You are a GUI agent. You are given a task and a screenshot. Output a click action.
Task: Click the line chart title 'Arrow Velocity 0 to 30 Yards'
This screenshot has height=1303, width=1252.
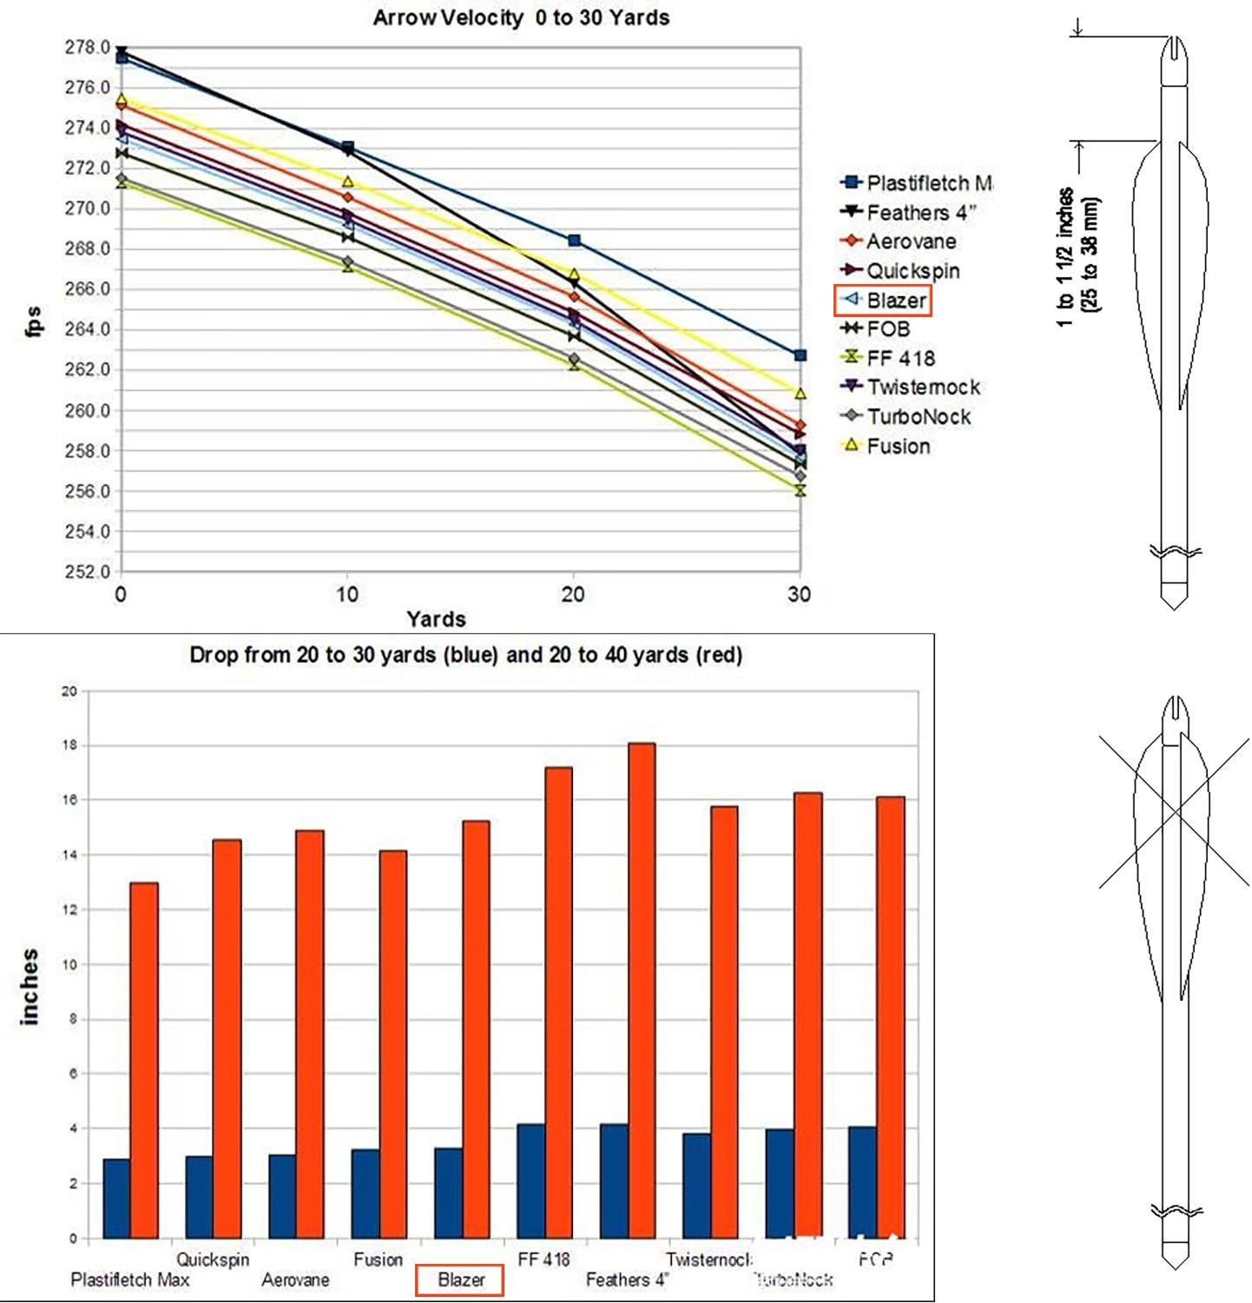click(x=521, y=18)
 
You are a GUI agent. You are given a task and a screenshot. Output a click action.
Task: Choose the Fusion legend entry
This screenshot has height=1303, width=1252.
click(x=886, y=446)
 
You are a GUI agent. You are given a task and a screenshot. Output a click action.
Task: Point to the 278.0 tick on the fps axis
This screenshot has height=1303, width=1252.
click(x=87, y=47)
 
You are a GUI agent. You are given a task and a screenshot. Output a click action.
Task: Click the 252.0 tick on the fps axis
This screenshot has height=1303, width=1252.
click(x=87, y=572)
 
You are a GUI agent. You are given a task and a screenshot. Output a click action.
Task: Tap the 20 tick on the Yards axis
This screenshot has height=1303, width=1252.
click(x=572, y=594)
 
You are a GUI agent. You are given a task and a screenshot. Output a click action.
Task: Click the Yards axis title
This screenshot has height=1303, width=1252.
click(x=436, y=619)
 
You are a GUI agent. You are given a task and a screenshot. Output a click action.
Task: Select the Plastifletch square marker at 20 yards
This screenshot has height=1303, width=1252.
click(x=574, y=241)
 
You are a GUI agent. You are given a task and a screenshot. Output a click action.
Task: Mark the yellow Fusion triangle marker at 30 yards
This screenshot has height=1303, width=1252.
click(x=801, y=394)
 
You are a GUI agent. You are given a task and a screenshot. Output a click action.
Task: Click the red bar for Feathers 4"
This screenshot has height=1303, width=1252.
click(x=641, y=990)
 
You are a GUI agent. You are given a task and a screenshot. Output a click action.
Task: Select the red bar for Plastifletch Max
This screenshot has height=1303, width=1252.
click(x=144, y=1060)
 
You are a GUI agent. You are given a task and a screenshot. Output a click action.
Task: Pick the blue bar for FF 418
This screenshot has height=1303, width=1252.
click(x=530, y=1181)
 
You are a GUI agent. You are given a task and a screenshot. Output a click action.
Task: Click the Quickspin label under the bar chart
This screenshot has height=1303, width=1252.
click(x=213, y=1260)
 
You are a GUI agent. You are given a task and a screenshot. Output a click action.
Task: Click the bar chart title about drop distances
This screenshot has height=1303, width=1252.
click(x=465, y=655)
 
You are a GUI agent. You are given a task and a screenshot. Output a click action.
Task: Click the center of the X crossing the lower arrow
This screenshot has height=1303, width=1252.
click(x=1175, y=810)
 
